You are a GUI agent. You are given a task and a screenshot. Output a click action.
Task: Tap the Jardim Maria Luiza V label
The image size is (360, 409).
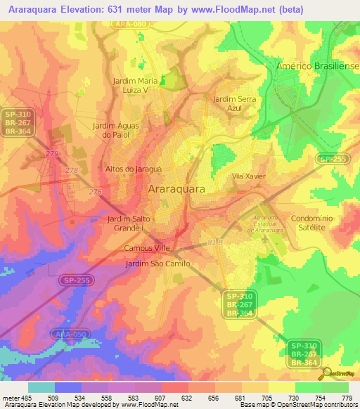coord(140,85)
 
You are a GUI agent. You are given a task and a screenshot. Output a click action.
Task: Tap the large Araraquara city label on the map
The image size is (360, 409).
coord(177,189)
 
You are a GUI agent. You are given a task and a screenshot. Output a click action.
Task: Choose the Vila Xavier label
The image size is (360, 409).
coord(248,176)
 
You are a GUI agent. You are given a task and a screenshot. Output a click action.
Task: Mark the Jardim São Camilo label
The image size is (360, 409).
coord(157,263)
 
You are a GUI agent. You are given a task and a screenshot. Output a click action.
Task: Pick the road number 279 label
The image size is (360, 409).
coord(51,152)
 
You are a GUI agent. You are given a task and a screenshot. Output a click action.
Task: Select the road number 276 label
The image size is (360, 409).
coord(95,192)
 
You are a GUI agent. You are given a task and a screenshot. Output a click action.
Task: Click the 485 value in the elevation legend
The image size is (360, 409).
coord(22,397)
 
